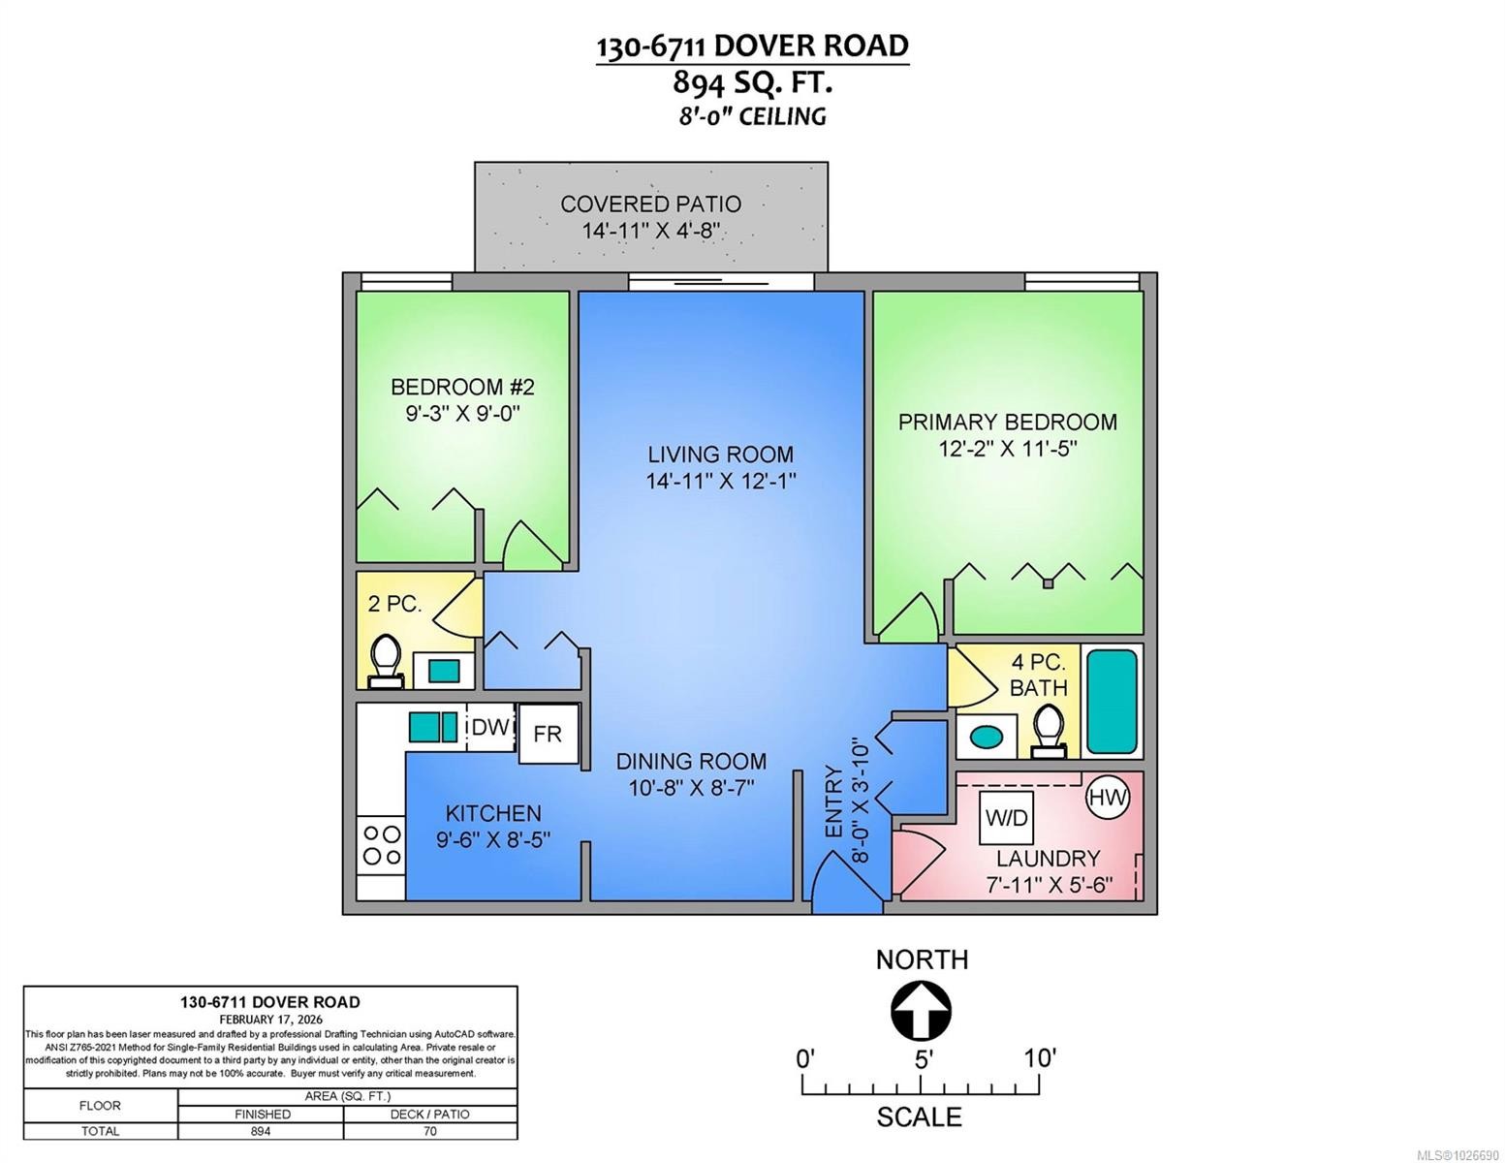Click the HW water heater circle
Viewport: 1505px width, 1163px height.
click(1107, 798)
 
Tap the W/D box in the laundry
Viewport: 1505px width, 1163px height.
click(1006, 818)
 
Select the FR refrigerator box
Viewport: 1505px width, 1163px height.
click(548, 734)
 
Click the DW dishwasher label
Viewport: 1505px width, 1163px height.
click(489, 727)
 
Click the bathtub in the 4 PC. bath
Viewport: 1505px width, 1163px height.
click(1112, 702)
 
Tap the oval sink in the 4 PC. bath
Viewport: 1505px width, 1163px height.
click(987, 736)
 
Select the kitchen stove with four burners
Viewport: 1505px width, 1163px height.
click(381, 844)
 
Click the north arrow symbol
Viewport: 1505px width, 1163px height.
click(921, 1011)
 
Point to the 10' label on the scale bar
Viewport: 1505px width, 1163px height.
click(1039, 1057)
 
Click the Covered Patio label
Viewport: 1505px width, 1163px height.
click(650, 204)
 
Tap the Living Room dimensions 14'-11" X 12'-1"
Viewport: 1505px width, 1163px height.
click(721, 481)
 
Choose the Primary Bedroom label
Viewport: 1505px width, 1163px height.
click(1007, 422)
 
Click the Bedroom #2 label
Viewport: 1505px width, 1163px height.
click(462, 387)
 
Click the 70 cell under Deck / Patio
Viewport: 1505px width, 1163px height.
click(430, 1131)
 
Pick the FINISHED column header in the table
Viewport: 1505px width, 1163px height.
click(262, 1114)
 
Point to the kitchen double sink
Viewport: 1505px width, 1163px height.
click(432, 727)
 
